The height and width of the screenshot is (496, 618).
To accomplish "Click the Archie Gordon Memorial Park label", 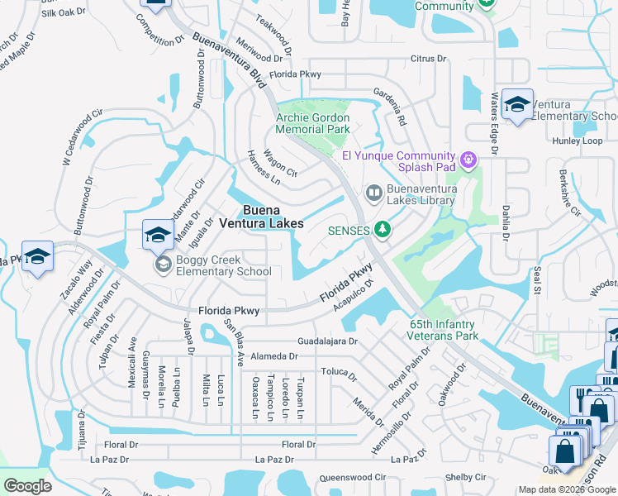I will [x=312, y=124].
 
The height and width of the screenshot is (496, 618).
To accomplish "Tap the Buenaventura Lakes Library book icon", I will [x=374, y=193].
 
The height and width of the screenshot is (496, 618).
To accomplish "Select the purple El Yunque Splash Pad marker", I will [x=468, y=157].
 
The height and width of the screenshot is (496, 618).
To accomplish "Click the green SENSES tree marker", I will [x=382, y=229].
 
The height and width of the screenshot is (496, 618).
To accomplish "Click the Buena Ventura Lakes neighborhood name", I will [x=261, y=217].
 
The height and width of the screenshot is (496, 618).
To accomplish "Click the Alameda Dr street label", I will [x=277, y=355].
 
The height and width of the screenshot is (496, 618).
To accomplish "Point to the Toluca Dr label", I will [x=339, y=373].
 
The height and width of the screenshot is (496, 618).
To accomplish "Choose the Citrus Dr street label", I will [x=428, y=59].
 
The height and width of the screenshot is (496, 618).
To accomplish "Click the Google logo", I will [x=27, y=486].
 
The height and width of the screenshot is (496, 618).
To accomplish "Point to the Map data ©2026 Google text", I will [x=568, y=489].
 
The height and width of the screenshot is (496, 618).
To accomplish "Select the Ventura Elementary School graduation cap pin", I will [x=517, y=105].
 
